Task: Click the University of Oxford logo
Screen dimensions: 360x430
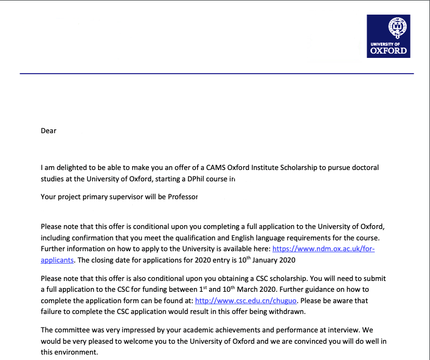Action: pos(388,36)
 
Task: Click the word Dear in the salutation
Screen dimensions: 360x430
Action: pos(49,130)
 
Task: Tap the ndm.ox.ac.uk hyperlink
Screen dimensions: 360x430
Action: pos(323,249)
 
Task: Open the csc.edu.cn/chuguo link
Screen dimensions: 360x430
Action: pos(242,300)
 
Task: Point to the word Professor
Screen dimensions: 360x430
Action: pos(180,197)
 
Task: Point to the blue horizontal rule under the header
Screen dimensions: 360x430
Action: pos(217,73)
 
